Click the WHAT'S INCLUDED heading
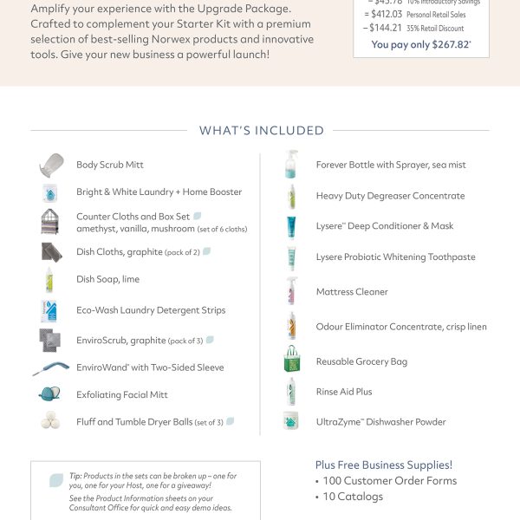[x=261, y=131]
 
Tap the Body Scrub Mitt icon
[x=51, y=165]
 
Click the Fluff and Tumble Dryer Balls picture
[x=50, y=421]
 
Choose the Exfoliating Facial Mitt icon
[x=50, y=394]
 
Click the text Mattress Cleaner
[x=352, y=292]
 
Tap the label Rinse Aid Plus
[x=344, y=392]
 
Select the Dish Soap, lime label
[x=107, y=279]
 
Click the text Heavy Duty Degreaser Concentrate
[x=390, y=196]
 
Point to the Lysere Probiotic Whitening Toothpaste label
[x=395, y=257]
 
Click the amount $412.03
[x=384, y=14]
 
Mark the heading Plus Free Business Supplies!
[x=383, y=465]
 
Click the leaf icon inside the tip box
[x=56, y=479]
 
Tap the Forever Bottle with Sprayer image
[x=291, y=165]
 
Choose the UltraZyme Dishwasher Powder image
[x=291, y=421]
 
